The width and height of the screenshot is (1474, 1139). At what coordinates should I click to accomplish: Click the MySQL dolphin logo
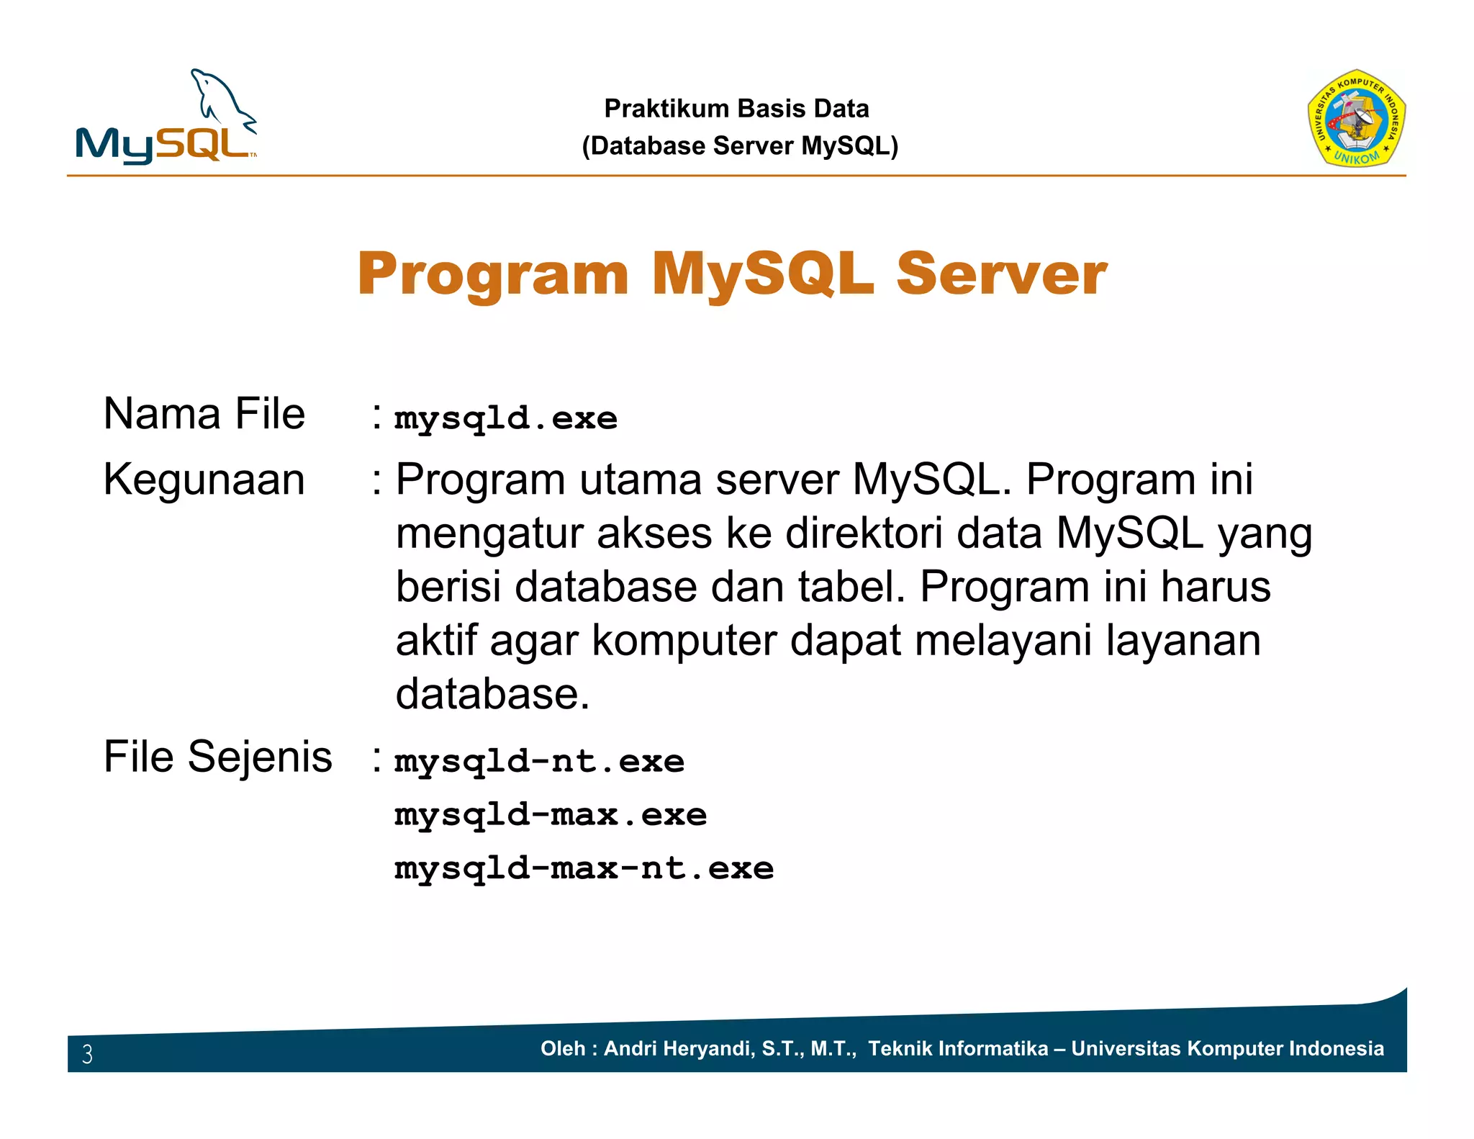coord(166,119)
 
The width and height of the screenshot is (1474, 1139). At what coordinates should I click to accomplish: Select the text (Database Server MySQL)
coord(740,146)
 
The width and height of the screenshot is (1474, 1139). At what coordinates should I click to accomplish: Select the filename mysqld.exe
coord(506,418)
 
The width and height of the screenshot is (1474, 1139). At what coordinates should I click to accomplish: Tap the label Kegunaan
coord(204,480)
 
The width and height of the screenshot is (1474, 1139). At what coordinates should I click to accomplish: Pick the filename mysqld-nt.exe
coord(540,762)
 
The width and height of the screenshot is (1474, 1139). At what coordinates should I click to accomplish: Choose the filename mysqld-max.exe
coord(551,815)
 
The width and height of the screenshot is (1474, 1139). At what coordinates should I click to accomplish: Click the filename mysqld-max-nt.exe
coord(584,868)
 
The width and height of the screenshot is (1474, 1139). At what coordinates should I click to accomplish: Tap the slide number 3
coord(87,1054)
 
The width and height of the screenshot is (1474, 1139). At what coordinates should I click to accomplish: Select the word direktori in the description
coord(863,534)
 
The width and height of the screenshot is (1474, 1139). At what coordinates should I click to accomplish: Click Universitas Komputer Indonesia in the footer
coord(1227,1048)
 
